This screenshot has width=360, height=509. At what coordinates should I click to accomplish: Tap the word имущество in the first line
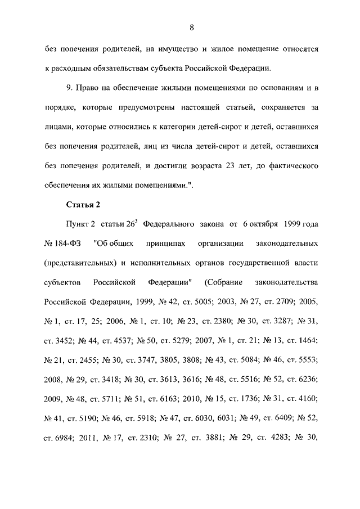pyautogui.click(x=173, y=49)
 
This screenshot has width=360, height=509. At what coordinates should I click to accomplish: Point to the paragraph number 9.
pyautogui.click(x=69, y=89)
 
